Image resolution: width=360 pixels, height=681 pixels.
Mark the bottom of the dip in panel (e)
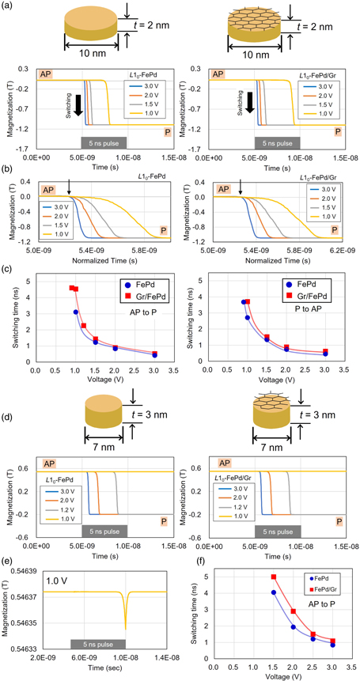125,606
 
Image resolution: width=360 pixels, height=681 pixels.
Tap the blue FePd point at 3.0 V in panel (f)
332,645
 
